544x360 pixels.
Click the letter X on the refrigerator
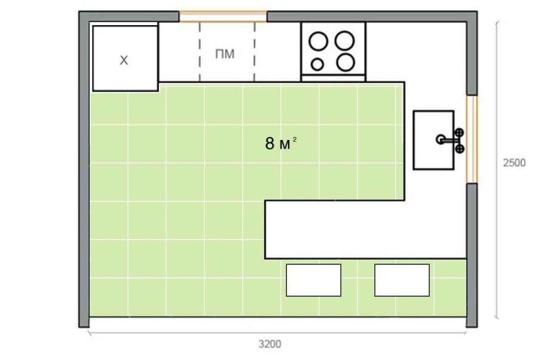124,60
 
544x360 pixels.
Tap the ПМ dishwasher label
225,54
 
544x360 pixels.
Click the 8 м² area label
281,143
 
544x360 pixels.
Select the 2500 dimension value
514,163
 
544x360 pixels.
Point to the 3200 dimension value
270,344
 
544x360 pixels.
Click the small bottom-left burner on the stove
317,64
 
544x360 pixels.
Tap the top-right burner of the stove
344,41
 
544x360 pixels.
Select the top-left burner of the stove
318,41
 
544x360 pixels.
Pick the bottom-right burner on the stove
346,62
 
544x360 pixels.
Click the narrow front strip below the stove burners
333,78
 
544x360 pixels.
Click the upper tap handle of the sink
459,132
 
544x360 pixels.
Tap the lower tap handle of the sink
460,149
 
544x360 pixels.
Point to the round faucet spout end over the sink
440,139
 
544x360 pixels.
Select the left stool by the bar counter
314,280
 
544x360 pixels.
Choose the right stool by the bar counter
402,280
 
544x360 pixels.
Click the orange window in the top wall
223,16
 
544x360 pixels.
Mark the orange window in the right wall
472,139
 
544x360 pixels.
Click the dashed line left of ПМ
200,52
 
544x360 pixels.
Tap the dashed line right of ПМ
255,52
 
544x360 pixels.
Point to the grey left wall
84,170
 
